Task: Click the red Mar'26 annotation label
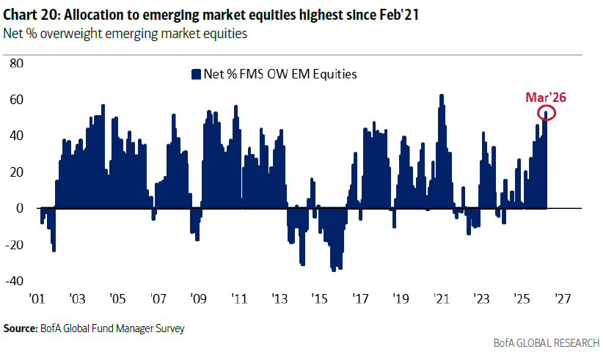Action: point(546,97)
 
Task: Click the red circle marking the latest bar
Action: point(547,112)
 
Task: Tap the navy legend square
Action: point(196,73)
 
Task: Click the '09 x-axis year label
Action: point(197,299)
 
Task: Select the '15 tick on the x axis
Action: point(319,299)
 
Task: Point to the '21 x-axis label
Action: point(440,299)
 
